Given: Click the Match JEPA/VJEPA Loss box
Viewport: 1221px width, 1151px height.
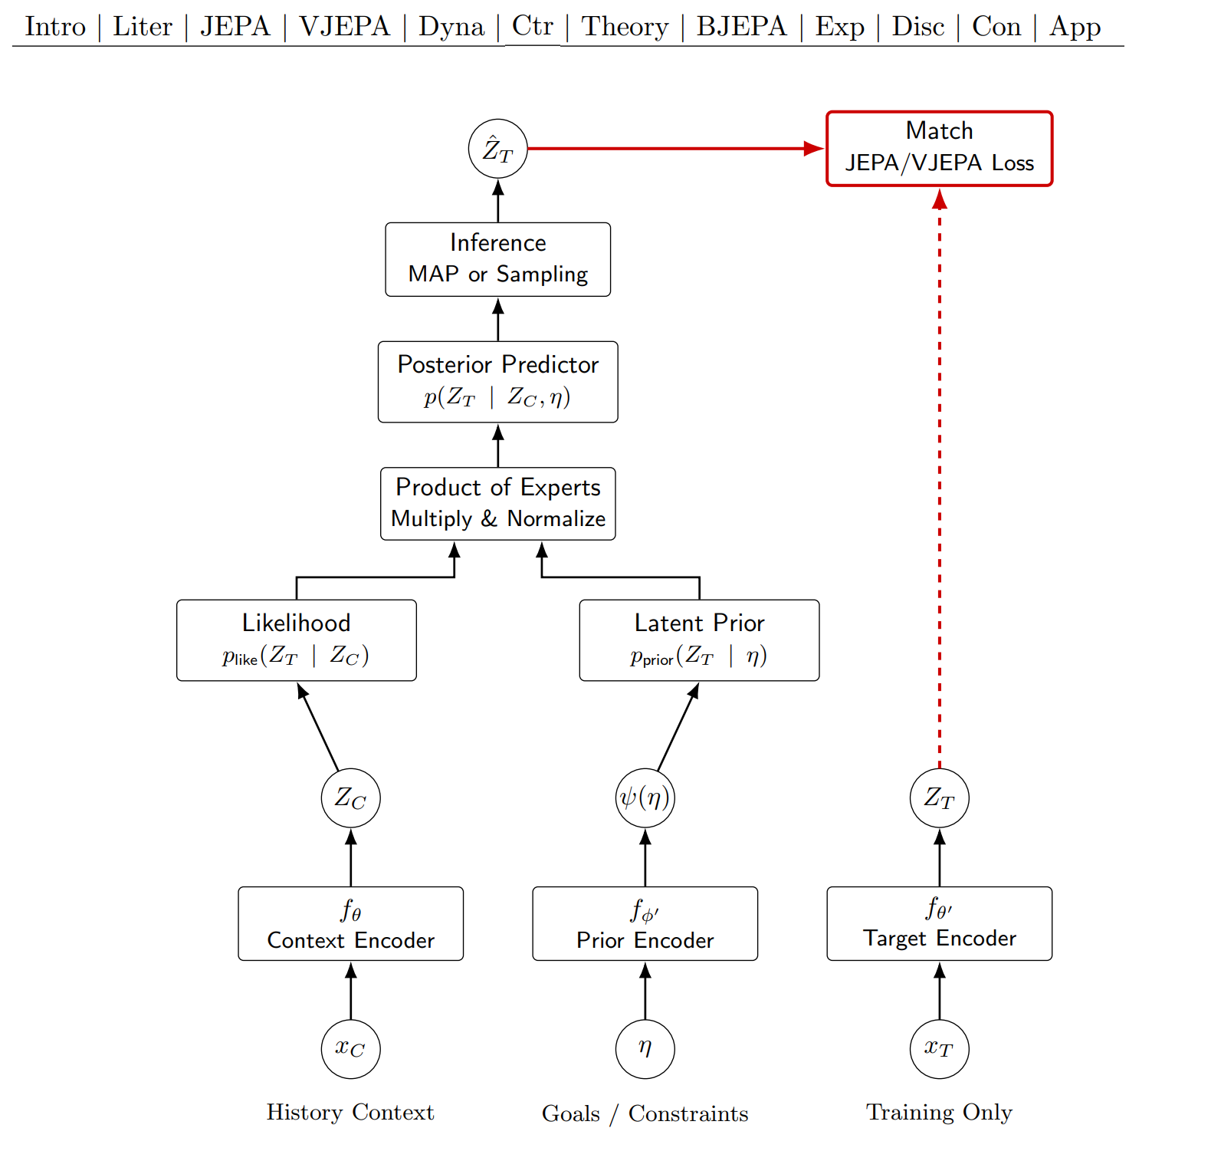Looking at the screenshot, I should (939, 149).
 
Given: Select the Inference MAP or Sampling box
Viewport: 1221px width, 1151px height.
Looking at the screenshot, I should (497, 259).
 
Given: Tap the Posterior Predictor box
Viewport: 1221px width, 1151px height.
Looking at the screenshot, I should (497, 381).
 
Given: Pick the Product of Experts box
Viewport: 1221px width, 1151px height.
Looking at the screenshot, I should (497, 503).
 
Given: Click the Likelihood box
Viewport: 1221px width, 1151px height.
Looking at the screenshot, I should (296, 640).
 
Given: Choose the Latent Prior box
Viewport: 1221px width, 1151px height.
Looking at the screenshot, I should (699, 640).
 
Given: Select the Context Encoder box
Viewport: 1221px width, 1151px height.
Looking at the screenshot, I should (350, 923).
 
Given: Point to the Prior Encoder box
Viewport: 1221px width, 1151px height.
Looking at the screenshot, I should (645, 923).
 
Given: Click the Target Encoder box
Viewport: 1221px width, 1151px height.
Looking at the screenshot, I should (939, 923).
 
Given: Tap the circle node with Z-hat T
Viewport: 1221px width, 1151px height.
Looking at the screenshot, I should (497, 149).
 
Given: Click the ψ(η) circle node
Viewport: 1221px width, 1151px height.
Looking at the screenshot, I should (645, 797).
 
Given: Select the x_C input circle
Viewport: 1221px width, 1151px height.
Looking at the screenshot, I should (350, 1048).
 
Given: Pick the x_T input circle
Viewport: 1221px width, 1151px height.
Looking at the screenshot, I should (939, 1048).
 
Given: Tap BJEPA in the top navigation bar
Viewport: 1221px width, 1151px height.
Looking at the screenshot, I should (741, 26).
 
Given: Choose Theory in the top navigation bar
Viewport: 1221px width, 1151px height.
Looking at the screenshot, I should (625, 26).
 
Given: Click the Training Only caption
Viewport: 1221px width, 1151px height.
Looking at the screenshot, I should (939, 1112).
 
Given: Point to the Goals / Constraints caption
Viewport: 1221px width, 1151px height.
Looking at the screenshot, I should (645, 1113).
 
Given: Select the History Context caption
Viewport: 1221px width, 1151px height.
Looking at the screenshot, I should (350, 1112).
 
